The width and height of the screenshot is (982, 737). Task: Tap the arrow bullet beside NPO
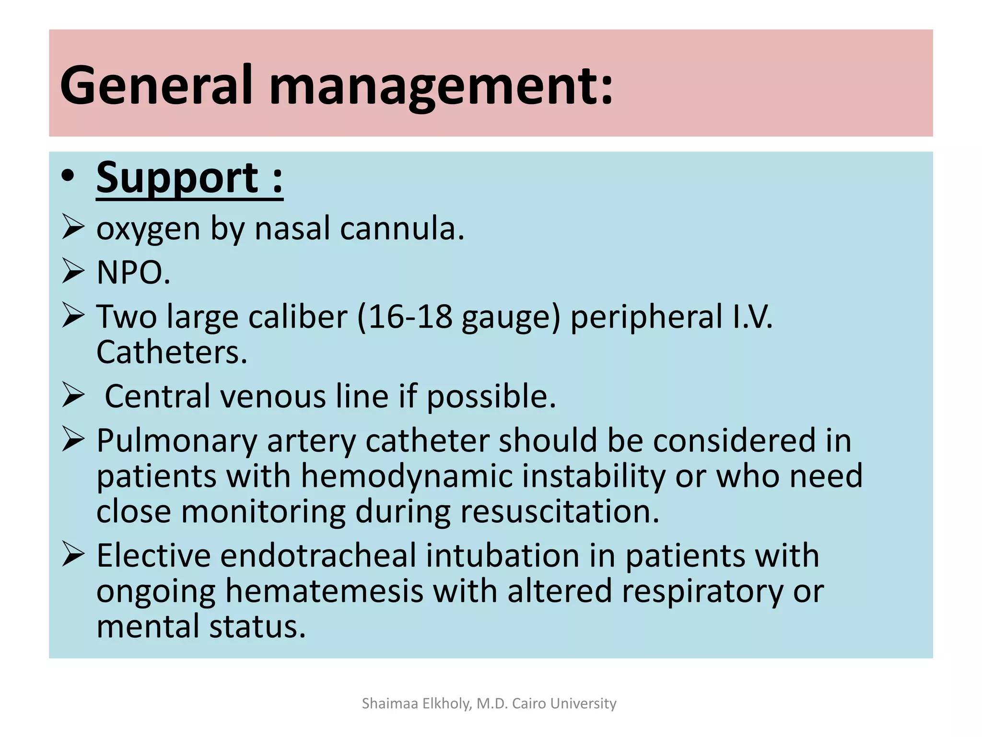click(x=73, y=271)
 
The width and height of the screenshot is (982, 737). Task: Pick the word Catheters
click(x=171, y=352)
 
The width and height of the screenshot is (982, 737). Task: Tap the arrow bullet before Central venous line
click(x=73, y=396)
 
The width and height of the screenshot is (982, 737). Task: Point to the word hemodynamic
click(x=406, y=476)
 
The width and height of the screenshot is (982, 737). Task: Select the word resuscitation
click(x=560, y=511)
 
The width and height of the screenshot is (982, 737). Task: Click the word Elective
click(x=153, y=556)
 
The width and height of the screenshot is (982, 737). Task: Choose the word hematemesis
click(x=324, y=591)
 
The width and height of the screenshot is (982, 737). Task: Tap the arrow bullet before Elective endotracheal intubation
click(x=73, y=555)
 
